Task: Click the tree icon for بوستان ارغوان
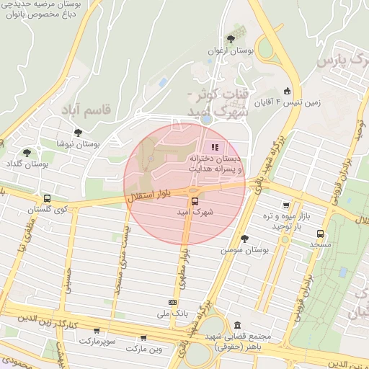pyautogui.click(x=230, y=39)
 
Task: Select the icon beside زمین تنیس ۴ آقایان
pyautogui.click(x=288, y=91)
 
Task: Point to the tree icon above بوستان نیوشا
pyautogui.click(x=77, y=133)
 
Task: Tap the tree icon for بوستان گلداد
pyautogui.click(x=27, y=153)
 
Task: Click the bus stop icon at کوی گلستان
pyautogui.click(x=47, y=198)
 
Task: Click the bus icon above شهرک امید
pyautogui.click(x=193, y=202)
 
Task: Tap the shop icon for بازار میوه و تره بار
pyautogui.click(x=286, y=205)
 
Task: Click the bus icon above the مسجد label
pyautogui.click(x=320, y=234)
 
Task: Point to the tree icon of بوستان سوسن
pyautogui.click(x=244, y=238)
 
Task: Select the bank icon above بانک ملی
pyautogui.click(x=172, y=303)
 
